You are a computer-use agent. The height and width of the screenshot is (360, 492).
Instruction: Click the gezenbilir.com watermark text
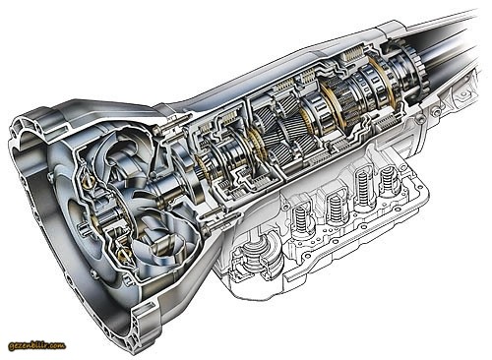[x=37, y=345]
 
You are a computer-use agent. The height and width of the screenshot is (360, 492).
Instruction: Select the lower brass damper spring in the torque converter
[x=124, y=253]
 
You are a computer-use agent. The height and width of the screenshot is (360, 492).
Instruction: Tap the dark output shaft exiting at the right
[x=453, y=42]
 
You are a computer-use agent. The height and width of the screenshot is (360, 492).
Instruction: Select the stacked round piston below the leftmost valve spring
[x=255, y=254]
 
